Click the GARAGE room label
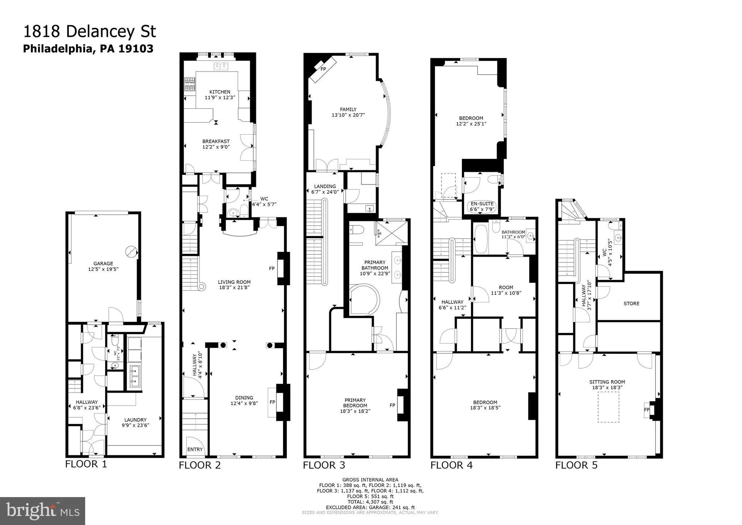click(103, 264)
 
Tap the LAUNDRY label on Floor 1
click(136, 420)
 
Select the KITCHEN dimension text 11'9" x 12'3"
click(220, 98)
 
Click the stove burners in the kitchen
click(190, 84)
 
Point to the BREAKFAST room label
click(216, 141)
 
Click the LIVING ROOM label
click(234, 282)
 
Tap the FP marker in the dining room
click(272, 402)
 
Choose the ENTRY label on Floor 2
click(195, 449)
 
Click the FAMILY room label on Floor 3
click(348, 109)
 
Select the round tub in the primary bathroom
click(365, 299)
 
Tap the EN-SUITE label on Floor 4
click(482, 204)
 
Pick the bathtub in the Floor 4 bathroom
click(481, 239)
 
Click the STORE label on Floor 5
click(631, 303)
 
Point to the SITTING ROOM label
click(607, 382)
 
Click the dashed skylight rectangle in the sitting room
click(608, 407)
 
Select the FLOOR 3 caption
click(324, 465)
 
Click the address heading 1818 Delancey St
click(89, 32)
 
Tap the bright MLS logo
click(42, 511)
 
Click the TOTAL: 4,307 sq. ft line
click(370, 502)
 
